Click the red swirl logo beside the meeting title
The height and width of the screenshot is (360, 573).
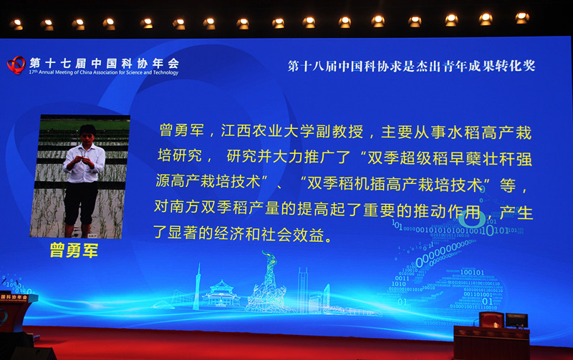tap(16, 65)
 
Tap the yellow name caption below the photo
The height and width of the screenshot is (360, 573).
tap(74, 250)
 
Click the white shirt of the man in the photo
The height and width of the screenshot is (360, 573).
tap(84, 163)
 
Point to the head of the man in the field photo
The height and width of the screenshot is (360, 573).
tap(87, 134)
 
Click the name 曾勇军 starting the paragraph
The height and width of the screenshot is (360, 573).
tap(182, 130)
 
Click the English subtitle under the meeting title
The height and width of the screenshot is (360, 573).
tap(104, 72)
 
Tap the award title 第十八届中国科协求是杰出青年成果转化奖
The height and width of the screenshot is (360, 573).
tap(411, 66)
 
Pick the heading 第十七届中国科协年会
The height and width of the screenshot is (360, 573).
tap(104, 63)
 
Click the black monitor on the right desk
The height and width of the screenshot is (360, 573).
tap(516, 321)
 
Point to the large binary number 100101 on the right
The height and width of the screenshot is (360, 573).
tap(472, 273)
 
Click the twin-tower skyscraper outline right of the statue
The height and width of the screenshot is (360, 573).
tap(303, 291)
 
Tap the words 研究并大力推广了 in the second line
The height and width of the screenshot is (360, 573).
tap(289, 157)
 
